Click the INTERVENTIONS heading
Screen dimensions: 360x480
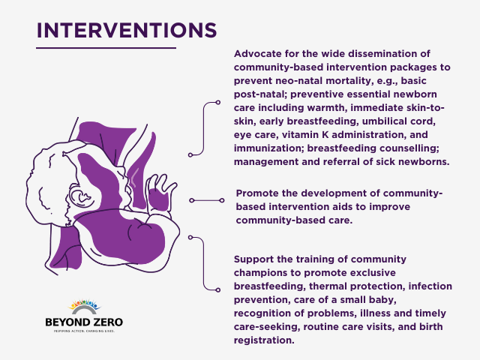click(x=126, y=30)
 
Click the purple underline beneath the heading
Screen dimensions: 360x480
click(x=105, y=48)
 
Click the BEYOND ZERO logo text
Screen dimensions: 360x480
click(x=83, y=322)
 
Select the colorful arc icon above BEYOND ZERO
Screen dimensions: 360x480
click(x=83, y=307)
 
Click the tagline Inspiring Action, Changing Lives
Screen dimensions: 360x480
click(x=83, y=331)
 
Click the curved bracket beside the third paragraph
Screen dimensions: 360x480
click(x=204, y=262)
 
